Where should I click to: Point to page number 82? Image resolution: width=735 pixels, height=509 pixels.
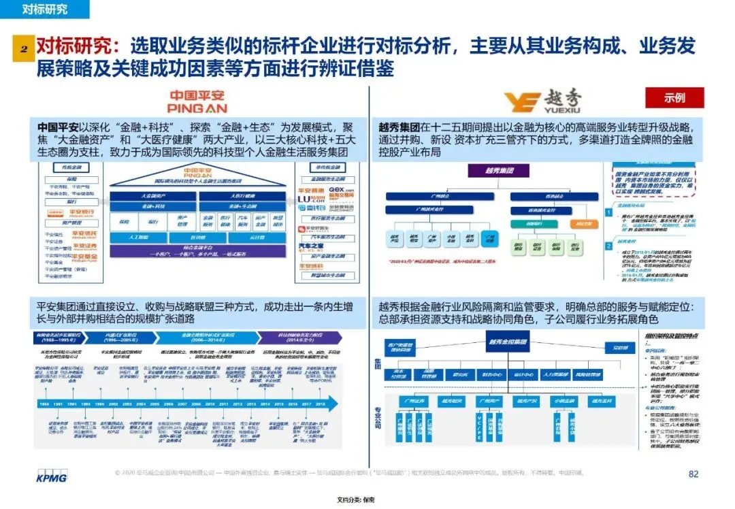click(x=693, y=474)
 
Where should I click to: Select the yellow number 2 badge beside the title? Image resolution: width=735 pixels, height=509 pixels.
click(x=22, y=50)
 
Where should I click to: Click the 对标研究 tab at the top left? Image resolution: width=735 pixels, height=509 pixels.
click(x=45, y=10)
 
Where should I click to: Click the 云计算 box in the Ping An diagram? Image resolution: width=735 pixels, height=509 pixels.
click(x=256, y=238)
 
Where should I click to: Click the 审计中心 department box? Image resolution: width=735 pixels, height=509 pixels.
click(x=523, y=374)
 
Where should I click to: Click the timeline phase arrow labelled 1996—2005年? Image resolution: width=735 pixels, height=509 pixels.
click(x=122, y=337)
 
